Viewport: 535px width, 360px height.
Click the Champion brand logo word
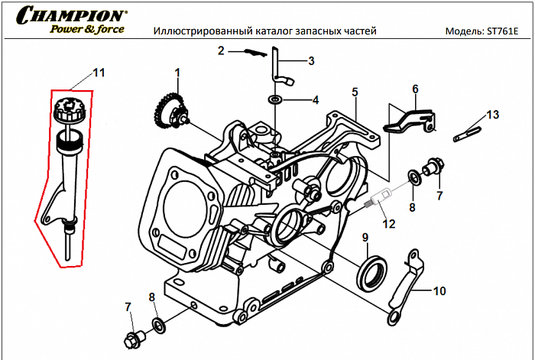[73, 15]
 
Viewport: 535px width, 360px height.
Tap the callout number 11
[98, 73]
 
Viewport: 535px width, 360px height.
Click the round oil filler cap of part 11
[69, 111]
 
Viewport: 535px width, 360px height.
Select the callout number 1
[177, 73]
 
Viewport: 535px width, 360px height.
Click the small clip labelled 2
[250, 53]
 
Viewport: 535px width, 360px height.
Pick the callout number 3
[311, 60]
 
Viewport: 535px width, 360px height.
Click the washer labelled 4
[274, 99]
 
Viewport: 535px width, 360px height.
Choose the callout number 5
[355, 92]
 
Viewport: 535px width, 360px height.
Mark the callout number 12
[389, 224]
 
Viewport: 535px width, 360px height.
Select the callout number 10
[439, 291]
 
